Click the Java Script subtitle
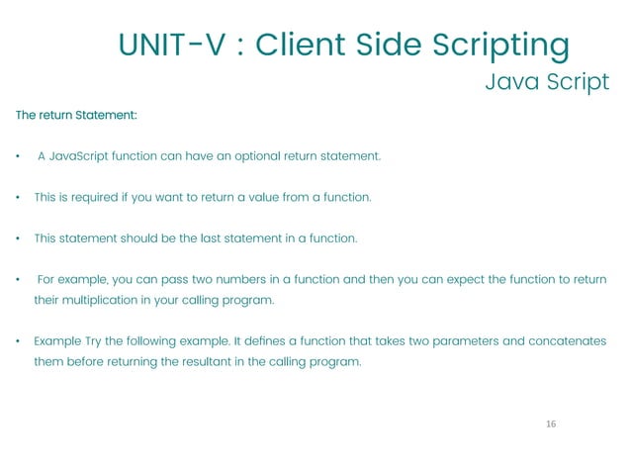(547, 81)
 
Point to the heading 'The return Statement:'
(76, 116)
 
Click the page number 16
(551, 424)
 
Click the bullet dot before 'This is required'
(19, 198)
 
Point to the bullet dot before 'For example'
(19, 280)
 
